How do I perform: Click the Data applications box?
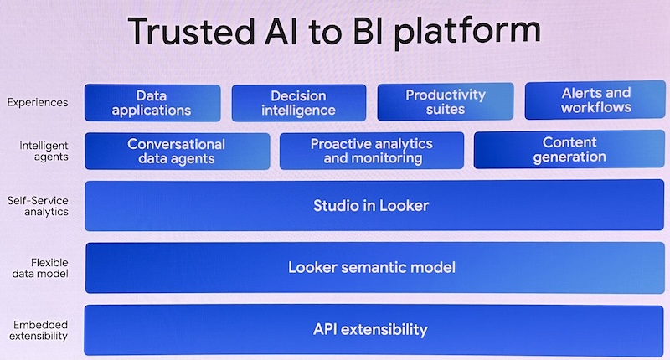coord(152,103)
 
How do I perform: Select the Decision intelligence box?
coord(298,103)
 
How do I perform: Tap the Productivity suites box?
coord(445,102)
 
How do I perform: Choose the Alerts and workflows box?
coord(596,100)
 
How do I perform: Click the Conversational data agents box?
coord(177,152)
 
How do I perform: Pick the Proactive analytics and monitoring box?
coord(372,151)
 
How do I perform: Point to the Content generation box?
coord(569,150)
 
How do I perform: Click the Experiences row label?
coord(38,103)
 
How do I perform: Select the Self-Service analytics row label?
coord(38,206)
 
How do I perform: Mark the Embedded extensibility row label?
coord(39,330)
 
